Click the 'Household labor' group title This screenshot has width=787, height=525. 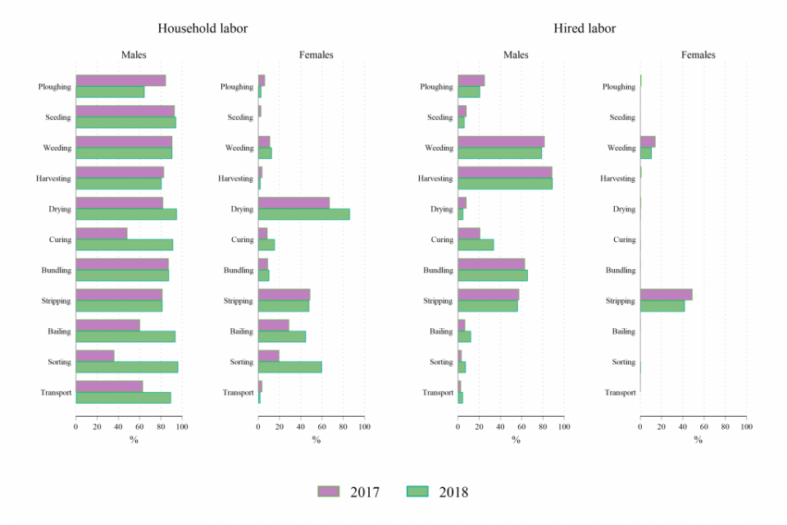pyautogui.click(x=202, y=29)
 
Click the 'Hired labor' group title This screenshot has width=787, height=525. pyautogui.click(x=585, y=29)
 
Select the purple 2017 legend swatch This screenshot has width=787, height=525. pyautogui.click(x=332, y=491)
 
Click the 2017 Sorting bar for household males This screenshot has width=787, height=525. pyautogui.click(x=95, y=356)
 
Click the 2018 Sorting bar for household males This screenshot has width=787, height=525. pyautogui.click(x=127, y=367)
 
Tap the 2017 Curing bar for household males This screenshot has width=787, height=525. pyautogui.click(x=102, y=234)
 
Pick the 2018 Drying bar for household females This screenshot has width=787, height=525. pyautogui.click(x=304, y=214)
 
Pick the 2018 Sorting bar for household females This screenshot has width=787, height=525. pyautogui.click(x=290, y=367)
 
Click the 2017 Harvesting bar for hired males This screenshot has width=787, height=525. pyautogui.click(x=505, y=172)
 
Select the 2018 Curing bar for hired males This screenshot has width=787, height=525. pyautogui.click(x=475, y=244)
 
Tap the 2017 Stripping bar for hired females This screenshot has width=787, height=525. pyautogui.click(x=666, y=294)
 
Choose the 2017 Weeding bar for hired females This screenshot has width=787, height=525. pyautogui.click(x=648, y=142)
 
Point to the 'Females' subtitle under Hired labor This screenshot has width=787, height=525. pyautogui.click(x=698, y=55)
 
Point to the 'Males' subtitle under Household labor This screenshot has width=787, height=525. pyautogui.click(x=134, y=55)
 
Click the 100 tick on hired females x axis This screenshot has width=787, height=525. pyautogui.click(x=746, y=427)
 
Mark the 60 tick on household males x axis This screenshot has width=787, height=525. pyautogui.click(x=139, y=427)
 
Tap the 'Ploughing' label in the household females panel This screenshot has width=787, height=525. pyautogui.click(x=237, y=87)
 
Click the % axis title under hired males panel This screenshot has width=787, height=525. pyautogui.click(x=516, y=440)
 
